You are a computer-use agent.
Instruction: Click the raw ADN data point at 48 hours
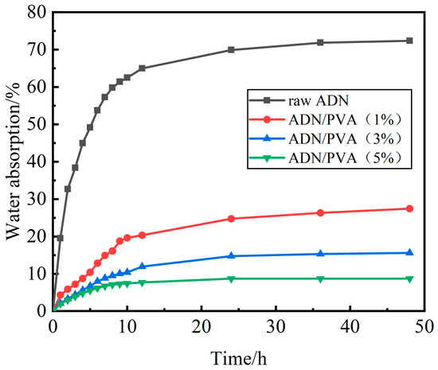point(409,41)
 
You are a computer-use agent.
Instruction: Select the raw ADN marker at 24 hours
point(231,50)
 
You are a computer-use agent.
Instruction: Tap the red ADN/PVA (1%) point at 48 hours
point(409,208)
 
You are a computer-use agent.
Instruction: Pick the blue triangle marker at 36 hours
point(321,253)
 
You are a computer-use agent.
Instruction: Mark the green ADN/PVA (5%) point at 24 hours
point(231,279)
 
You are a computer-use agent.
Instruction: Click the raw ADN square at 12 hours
point(142,68)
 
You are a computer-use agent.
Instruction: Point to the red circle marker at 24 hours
point(231,219)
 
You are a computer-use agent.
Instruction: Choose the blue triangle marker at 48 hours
point(409,252)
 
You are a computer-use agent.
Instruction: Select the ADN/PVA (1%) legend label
point(346,119)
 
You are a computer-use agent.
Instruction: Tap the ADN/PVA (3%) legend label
point(346,138)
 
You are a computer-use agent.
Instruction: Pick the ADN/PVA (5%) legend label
point(346,158)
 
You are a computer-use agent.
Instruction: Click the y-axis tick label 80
point(37,12)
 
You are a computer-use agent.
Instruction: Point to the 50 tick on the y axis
point(37,124)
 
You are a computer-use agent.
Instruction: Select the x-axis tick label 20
point(201,326)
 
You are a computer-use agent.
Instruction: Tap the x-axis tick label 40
point(350,326)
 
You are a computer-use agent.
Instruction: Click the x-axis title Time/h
point(239,358)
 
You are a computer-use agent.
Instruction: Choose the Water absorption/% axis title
point(13,161)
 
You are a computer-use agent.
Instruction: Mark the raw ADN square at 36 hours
point(320,43)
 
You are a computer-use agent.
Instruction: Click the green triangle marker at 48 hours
point(409,279)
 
